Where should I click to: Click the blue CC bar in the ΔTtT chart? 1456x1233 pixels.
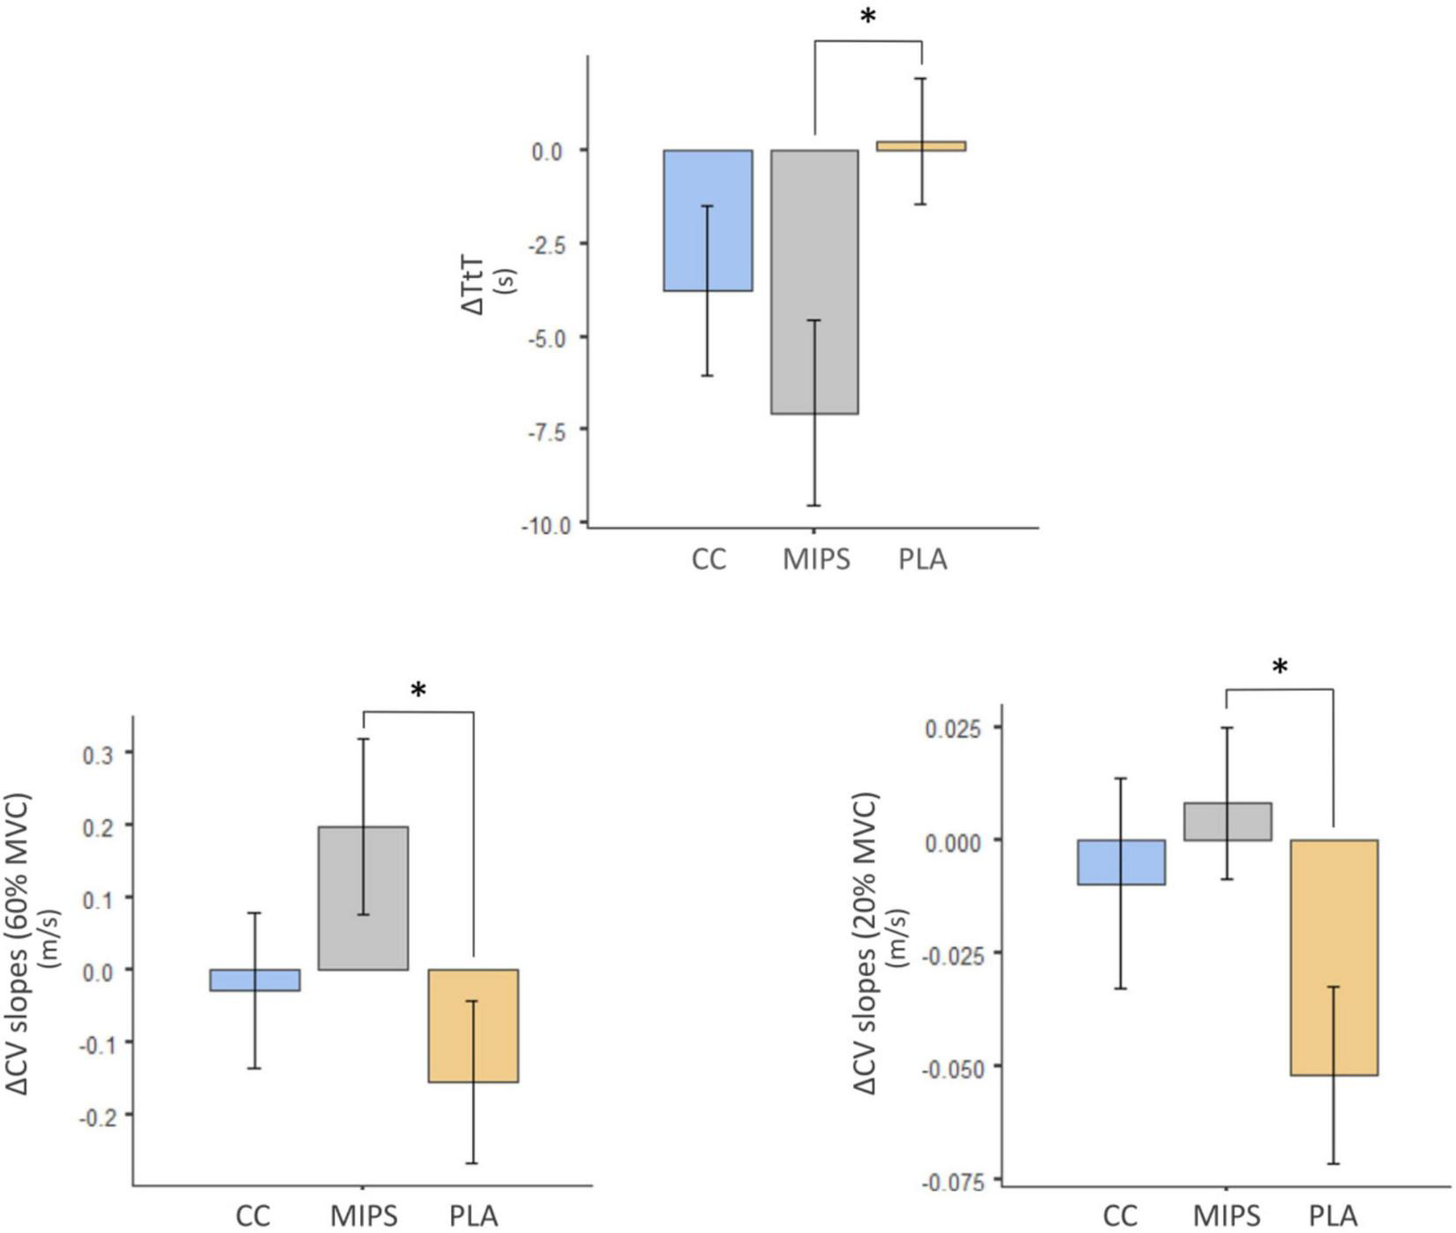[708, 221]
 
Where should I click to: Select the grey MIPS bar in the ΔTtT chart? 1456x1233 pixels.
[814, 282]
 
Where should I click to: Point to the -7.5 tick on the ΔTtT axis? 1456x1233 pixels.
[546, 431]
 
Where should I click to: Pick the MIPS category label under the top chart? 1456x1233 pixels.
[816, 560]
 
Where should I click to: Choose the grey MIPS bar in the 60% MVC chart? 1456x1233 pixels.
[364, 898]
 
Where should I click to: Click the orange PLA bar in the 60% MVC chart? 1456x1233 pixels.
[473, 1026]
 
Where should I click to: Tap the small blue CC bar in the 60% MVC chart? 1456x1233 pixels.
[255, 980]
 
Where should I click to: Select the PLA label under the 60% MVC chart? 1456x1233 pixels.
[473, 1216]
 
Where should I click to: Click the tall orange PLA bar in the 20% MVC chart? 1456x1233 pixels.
[1333, 957]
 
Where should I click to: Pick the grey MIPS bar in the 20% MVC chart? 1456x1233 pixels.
[1227, 822]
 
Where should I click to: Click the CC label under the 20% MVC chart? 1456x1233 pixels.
[1120, 1216]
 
